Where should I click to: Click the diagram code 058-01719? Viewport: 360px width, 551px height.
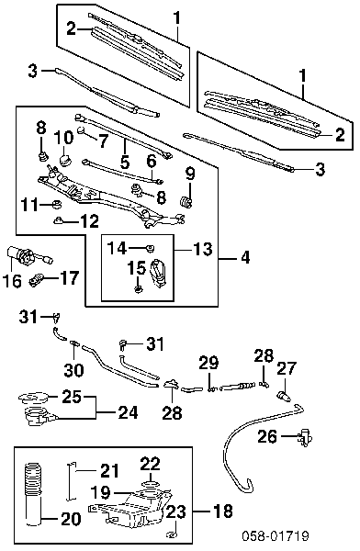pyautogui.click(x=276, y=536)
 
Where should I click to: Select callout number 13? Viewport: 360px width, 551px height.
pyautogui.click(x=202, y=249)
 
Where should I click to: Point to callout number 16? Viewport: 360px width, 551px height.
pyautogui.click(x=12, y=281)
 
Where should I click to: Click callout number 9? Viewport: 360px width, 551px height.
pyautogui.click(x=190, y=174)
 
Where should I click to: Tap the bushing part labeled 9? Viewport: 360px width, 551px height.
pyautogui.click(x=185, y=202)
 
